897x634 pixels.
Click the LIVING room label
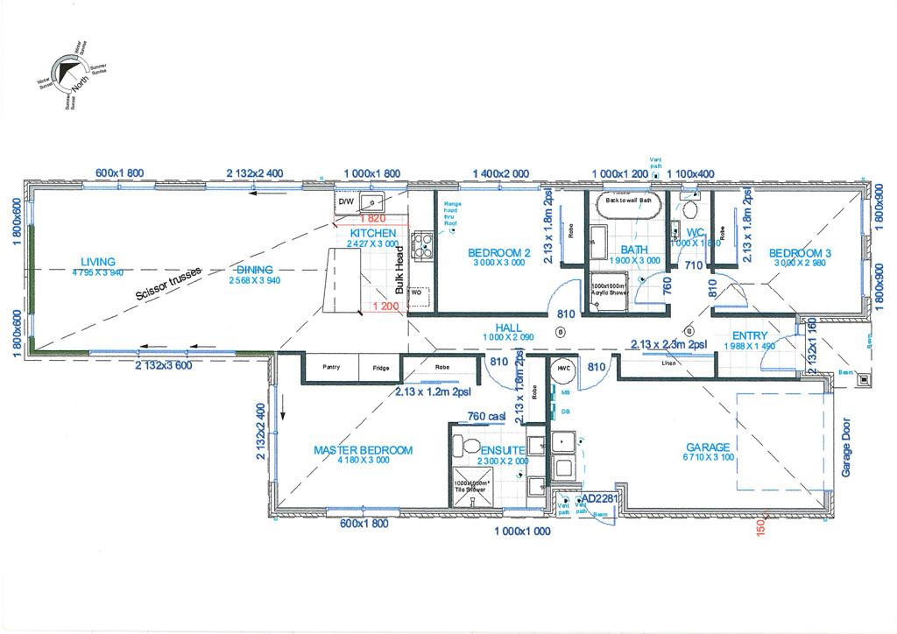click(x=98, y=262)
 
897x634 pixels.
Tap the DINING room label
click(x=255, y=270)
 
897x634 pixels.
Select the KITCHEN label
click(x=373, y=234)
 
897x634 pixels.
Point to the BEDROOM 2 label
click(x=499, y=253)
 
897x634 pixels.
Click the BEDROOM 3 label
click(x=800, y=254)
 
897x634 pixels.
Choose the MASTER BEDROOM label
click(x=363, y=451)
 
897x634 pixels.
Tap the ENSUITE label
click(x=501, y=450)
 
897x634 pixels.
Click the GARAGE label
click(x=708, y=447)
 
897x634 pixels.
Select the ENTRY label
click(x=750, y=335)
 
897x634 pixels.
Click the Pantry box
click(x=331, y=368)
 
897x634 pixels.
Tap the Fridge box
click(x=380, y=368)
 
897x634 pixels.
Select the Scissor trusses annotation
click(x=169, y=284)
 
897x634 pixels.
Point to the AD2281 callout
click(x=599, y=498)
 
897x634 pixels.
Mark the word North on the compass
click(x=81, y=86)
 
